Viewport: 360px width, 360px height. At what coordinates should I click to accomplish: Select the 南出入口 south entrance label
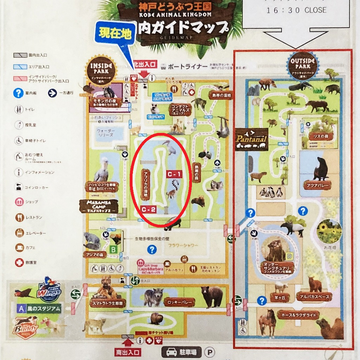pos(128,352)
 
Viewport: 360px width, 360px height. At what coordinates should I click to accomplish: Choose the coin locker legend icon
pos(19,187)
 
